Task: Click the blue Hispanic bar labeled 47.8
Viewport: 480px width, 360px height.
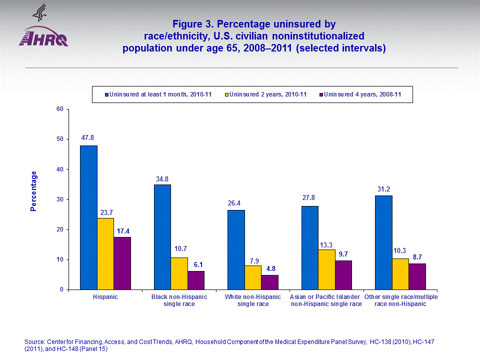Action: [88, 217]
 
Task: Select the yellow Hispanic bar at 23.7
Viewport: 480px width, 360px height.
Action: [105, 253]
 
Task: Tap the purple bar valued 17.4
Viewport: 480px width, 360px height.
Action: [122, 263]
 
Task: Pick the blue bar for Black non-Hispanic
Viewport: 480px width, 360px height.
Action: [162, 237]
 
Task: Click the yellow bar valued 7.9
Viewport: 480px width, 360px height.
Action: [252, 277]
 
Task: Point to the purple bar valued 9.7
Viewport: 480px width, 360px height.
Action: [343, 275]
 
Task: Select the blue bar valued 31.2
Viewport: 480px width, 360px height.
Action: [383, 242]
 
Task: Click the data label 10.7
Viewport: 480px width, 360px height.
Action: [179, 248]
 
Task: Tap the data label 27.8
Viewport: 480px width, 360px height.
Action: [309, 197]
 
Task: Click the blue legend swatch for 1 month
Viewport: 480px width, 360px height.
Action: [106, 94]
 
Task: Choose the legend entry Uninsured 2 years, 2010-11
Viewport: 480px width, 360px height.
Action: [267, 94]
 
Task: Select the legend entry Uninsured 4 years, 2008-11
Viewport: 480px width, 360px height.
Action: [362, 94]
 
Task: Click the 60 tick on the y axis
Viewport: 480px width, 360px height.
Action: [60, 109]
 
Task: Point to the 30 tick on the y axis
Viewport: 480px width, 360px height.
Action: [60, 199]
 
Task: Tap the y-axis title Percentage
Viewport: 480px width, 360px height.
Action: [33, 191]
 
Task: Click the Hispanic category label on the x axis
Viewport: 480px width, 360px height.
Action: [105, 297]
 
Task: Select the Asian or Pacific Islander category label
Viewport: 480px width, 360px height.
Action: [326, 300]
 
